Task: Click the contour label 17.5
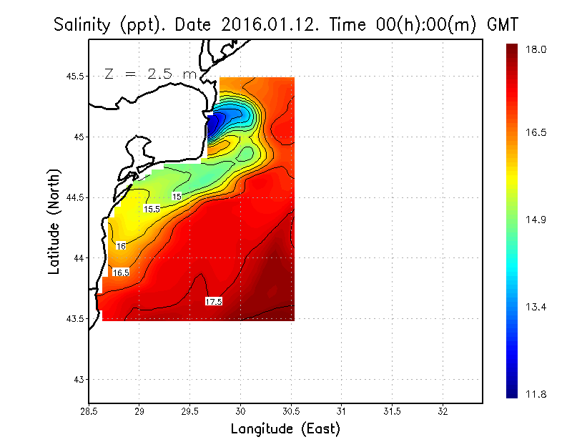(x=214, y=302)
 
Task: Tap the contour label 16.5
(x=121, y=272)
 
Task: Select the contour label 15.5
(x=152, y=209)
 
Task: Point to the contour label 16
(x=121, y=246)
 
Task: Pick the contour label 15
(x=177, y=196)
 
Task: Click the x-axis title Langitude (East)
(x=285, y=429)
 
